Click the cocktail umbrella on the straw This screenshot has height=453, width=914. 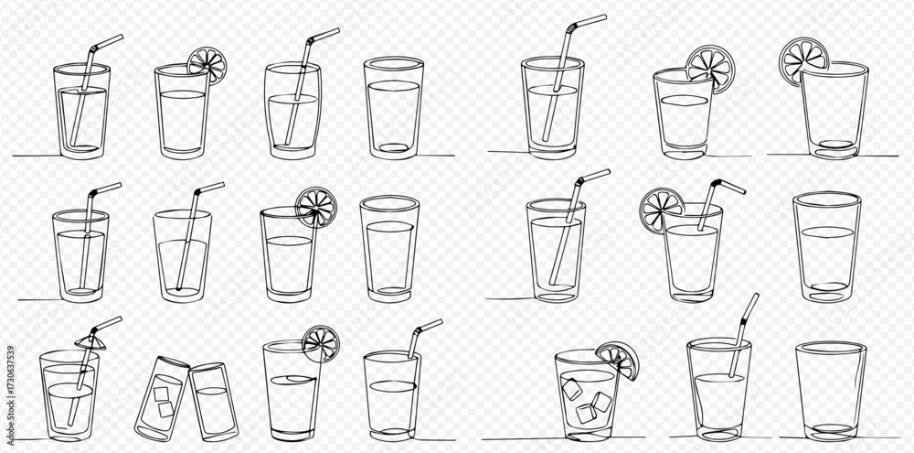[x=90, y=341]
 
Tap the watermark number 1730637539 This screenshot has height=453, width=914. [x=9, y=389]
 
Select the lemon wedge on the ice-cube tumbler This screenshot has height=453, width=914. [x=619, y=359]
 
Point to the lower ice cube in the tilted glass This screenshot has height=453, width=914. [x=166, y=409]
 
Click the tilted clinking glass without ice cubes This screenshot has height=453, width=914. [x=213, y=401]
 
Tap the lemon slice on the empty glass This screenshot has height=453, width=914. [x=805, y=60]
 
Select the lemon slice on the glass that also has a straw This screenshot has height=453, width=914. [x=661, y=210]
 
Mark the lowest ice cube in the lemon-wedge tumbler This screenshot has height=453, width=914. [x=586, y=414]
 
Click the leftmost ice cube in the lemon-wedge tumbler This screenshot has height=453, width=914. [x=571, y=389]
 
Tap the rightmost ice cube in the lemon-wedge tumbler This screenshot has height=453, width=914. [x=601, y=402]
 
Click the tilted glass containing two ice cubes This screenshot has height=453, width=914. [x=162, y=398]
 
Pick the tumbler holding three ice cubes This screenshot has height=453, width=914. [x=588, y=395]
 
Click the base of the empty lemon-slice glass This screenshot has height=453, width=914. [x=836, y=150]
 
